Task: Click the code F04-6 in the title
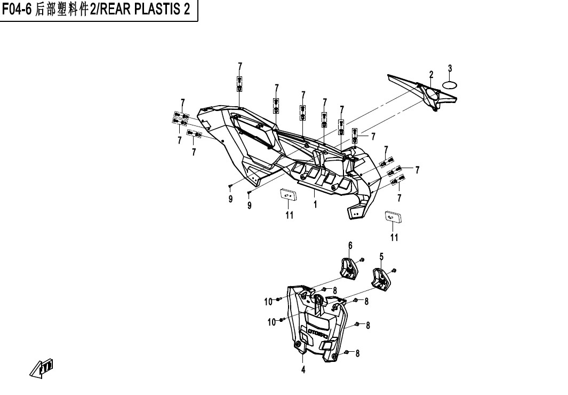(x=18, y=11)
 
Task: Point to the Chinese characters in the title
(x=62, y=11)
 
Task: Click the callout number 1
(x=315, y=204)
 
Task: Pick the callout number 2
(x=431, y=74)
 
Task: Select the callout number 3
(x=450, y=68)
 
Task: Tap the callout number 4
(x=303, y=370)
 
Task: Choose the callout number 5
(x=381, y=257)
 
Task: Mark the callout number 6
(x=350, y=245)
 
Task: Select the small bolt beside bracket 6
(x=362, y=260)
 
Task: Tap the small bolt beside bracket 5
(x=394, y=270)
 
